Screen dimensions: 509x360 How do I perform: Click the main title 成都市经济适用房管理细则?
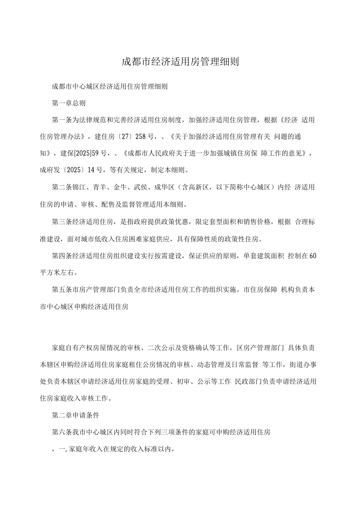pyautogui.click(x=180, y=62)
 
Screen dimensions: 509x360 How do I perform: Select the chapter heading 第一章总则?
pyautogui.click(x=69, y=103)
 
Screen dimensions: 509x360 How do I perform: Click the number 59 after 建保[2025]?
pyautogui.click(x=95, y=153)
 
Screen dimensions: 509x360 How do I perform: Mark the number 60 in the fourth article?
pyautogui.click(x=313, y=256)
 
